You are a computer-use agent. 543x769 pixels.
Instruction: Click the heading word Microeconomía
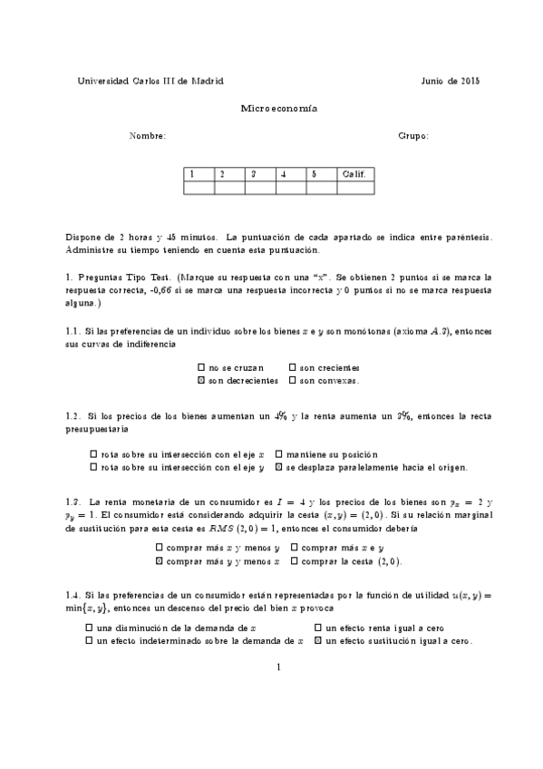point(279,108)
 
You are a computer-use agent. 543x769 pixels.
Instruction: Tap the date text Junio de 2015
point(451,81)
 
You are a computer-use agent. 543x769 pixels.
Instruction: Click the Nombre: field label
point(148,136)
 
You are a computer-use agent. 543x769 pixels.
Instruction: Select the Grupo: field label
point(413,136)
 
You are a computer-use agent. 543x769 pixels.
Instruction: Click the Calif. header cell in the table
point(354,173)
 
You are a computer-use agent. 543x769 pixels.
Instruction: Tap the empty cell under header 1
point(198,188)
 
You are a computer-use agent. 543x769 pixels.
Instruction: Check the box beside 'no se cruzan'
point(201,368)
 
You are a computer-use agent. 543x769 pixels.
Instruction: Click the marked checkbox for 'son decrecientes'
point(201,381)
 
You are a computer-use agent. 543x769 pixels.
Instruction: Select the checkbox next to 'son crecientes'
point(293,368)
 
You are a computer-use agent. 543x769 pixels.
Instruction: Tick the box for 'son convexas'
point(293,381)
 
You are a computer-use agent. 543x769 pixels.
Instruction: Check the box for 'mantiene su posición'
point(278,454)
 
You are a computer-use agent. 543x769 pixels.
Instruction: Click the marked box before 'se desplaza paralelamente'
point(278,468)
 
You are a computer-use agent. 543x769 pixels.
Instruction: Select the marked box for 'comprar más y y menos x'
point(160,561)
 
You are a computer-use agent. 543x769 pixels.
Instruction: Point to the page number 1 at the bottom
point(279,668)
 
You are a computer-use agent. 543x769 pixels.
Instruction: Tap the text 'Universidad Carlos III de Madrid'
point(151,81)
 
